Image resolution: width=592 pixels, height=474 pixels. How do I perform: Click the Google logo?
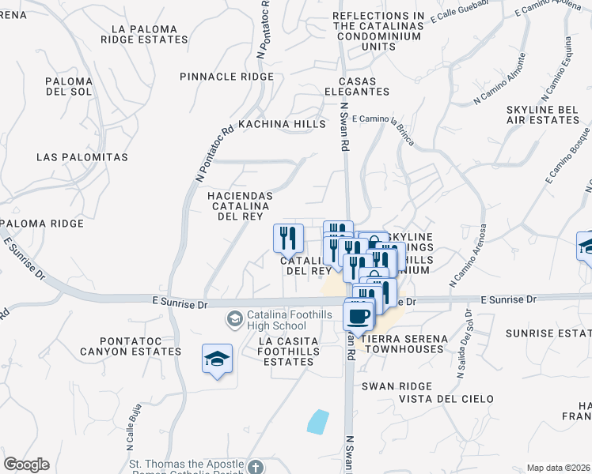26,465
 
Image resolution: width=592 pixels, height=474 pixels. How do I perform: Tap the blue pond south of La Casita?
318,422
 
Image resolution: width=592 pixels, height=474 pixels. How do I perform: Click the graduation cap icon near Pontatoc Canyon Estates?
217,359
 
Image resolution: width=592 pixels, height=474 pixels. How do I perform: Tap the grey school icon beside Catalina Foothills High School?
234,319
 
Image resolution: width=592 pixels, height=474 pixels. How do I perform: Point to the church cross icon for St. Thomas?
254,467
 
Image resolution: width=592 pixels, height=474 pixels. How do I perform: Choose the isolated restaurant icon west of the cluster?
288,237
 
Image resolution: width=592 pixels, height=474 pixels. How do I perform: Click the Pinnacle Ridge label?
226,77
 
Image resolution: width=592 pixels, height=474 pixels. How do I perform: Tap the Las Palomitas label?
82,157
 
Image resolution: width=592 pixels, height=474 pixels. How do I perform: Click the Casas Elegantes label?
363,86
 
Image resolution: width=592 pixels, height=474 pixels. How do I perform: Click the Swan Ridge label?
397,386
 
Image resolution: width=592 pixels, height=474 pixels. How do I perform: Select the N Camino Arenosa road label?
466,258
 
